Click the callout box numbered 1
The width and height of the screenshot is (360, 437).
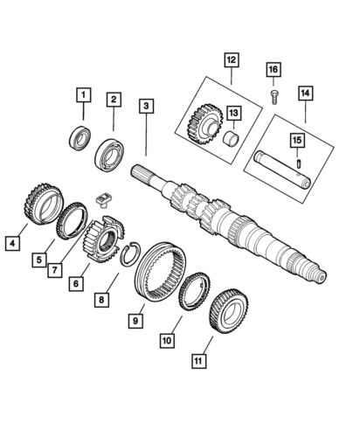pos(83,94)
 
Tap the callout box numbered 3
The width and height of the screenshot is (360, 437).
pos(145,106)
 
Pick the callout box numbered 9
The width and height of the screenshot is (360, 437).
pos(135,321)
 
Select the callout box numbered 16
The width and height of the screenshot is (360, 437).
pos(273,69)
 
